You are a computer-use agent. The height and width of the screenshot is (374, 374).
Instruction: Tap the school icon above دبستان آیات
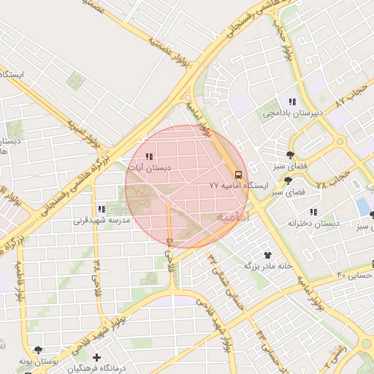coord(149,156)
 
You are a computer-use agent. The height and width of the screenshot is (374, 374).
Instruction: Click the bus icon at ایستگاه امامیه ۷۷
coord(239,174)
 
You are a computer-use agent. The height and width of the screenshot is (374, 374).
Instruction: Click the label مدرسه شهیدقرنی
coord(101,220)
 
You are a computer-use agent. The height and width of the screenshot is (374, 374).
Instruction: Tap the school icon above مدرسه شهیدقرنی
coord(102,209)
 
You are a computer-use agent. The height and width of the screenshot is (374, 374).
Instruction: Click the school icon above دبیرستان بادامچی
coord(292,102)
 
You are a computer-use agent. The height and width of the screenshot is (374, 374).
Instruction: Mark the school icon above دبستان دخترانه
coord(313,212)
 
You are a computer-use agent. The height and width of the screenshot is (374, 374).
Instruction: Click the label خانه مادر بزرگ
coord(267,266)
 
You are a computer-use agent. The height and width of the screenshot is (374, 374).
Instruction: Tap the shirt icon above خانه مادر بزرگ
coord(268,255)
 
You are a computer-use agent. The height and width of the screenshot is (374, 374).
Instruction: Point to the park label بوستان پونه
coord(38,362)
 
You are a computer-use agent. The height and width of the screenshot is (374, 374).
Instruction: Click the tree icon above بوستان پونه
coord(38,351)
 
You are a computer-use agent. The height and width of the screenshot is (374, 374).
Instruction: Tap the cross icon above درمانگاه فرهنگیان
coord(68,358)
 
